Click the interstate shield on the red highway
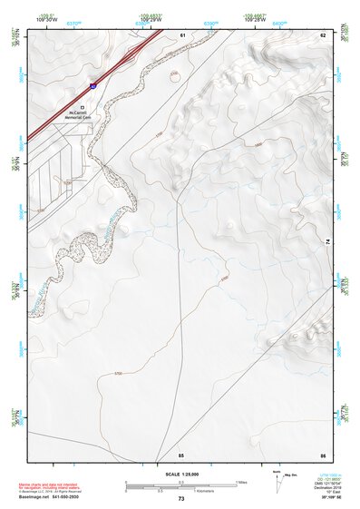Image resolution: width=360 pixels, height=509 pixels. (x=92, y=84)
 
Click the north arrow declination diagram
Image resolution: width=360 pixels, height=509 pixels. (x=276, y=480)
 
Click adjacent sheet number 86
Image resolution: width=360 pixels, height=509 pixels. (x=322, y=454)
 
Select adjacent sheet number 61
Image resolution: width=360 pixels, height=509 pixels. (x=182, y=34)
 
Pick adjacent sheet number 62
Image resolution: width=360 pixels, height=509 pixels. (x=322, y=34)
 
